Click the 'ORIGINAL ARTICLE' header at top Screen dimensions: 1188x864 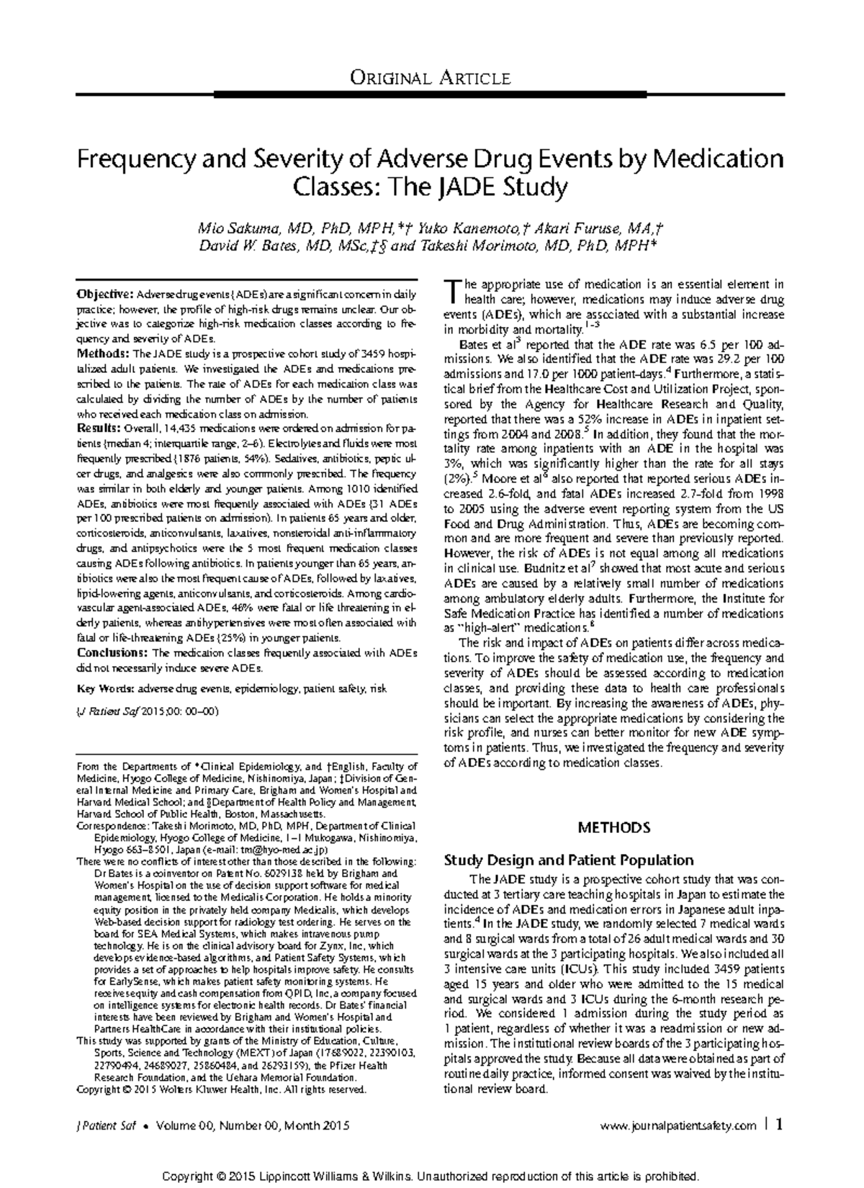click(x=430, y=78)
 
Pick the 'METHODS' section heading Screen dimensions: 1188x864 click(x=614, y=827)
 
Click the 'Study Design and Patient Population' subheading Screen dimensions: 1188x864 click(x=569, y=860)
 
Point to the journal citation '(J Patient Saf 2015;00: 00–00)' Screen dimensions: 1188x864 click(x=148, y=711)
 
